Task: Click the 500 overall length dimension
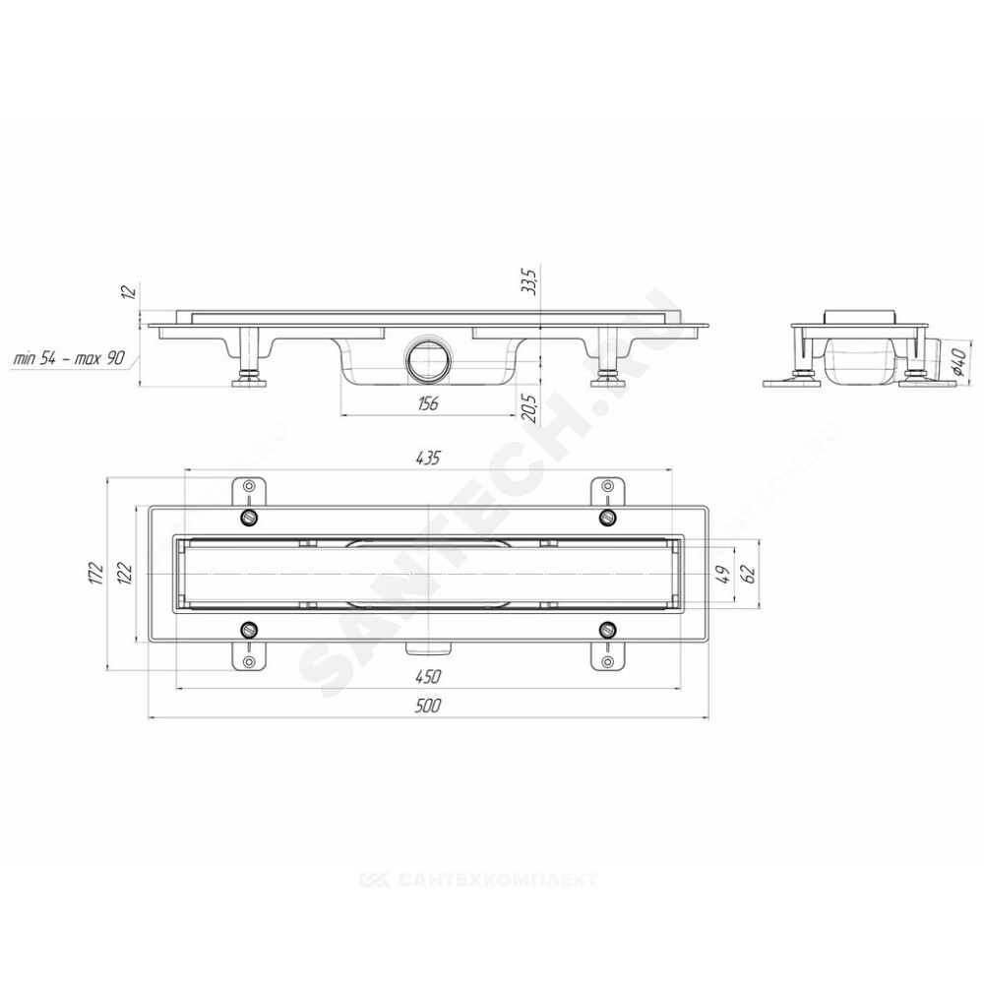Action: click(x=428, y=706)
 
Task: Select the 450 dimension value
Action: click(x=428, y=677)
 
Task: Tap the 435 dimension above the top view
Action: click(x=428, y=459)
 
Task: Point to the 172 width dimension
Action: click(x=95, y=575)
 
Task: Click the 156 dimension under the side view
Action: click(x=427, y=403)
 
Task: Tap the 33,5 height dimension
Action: click(x=531, y=281)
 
